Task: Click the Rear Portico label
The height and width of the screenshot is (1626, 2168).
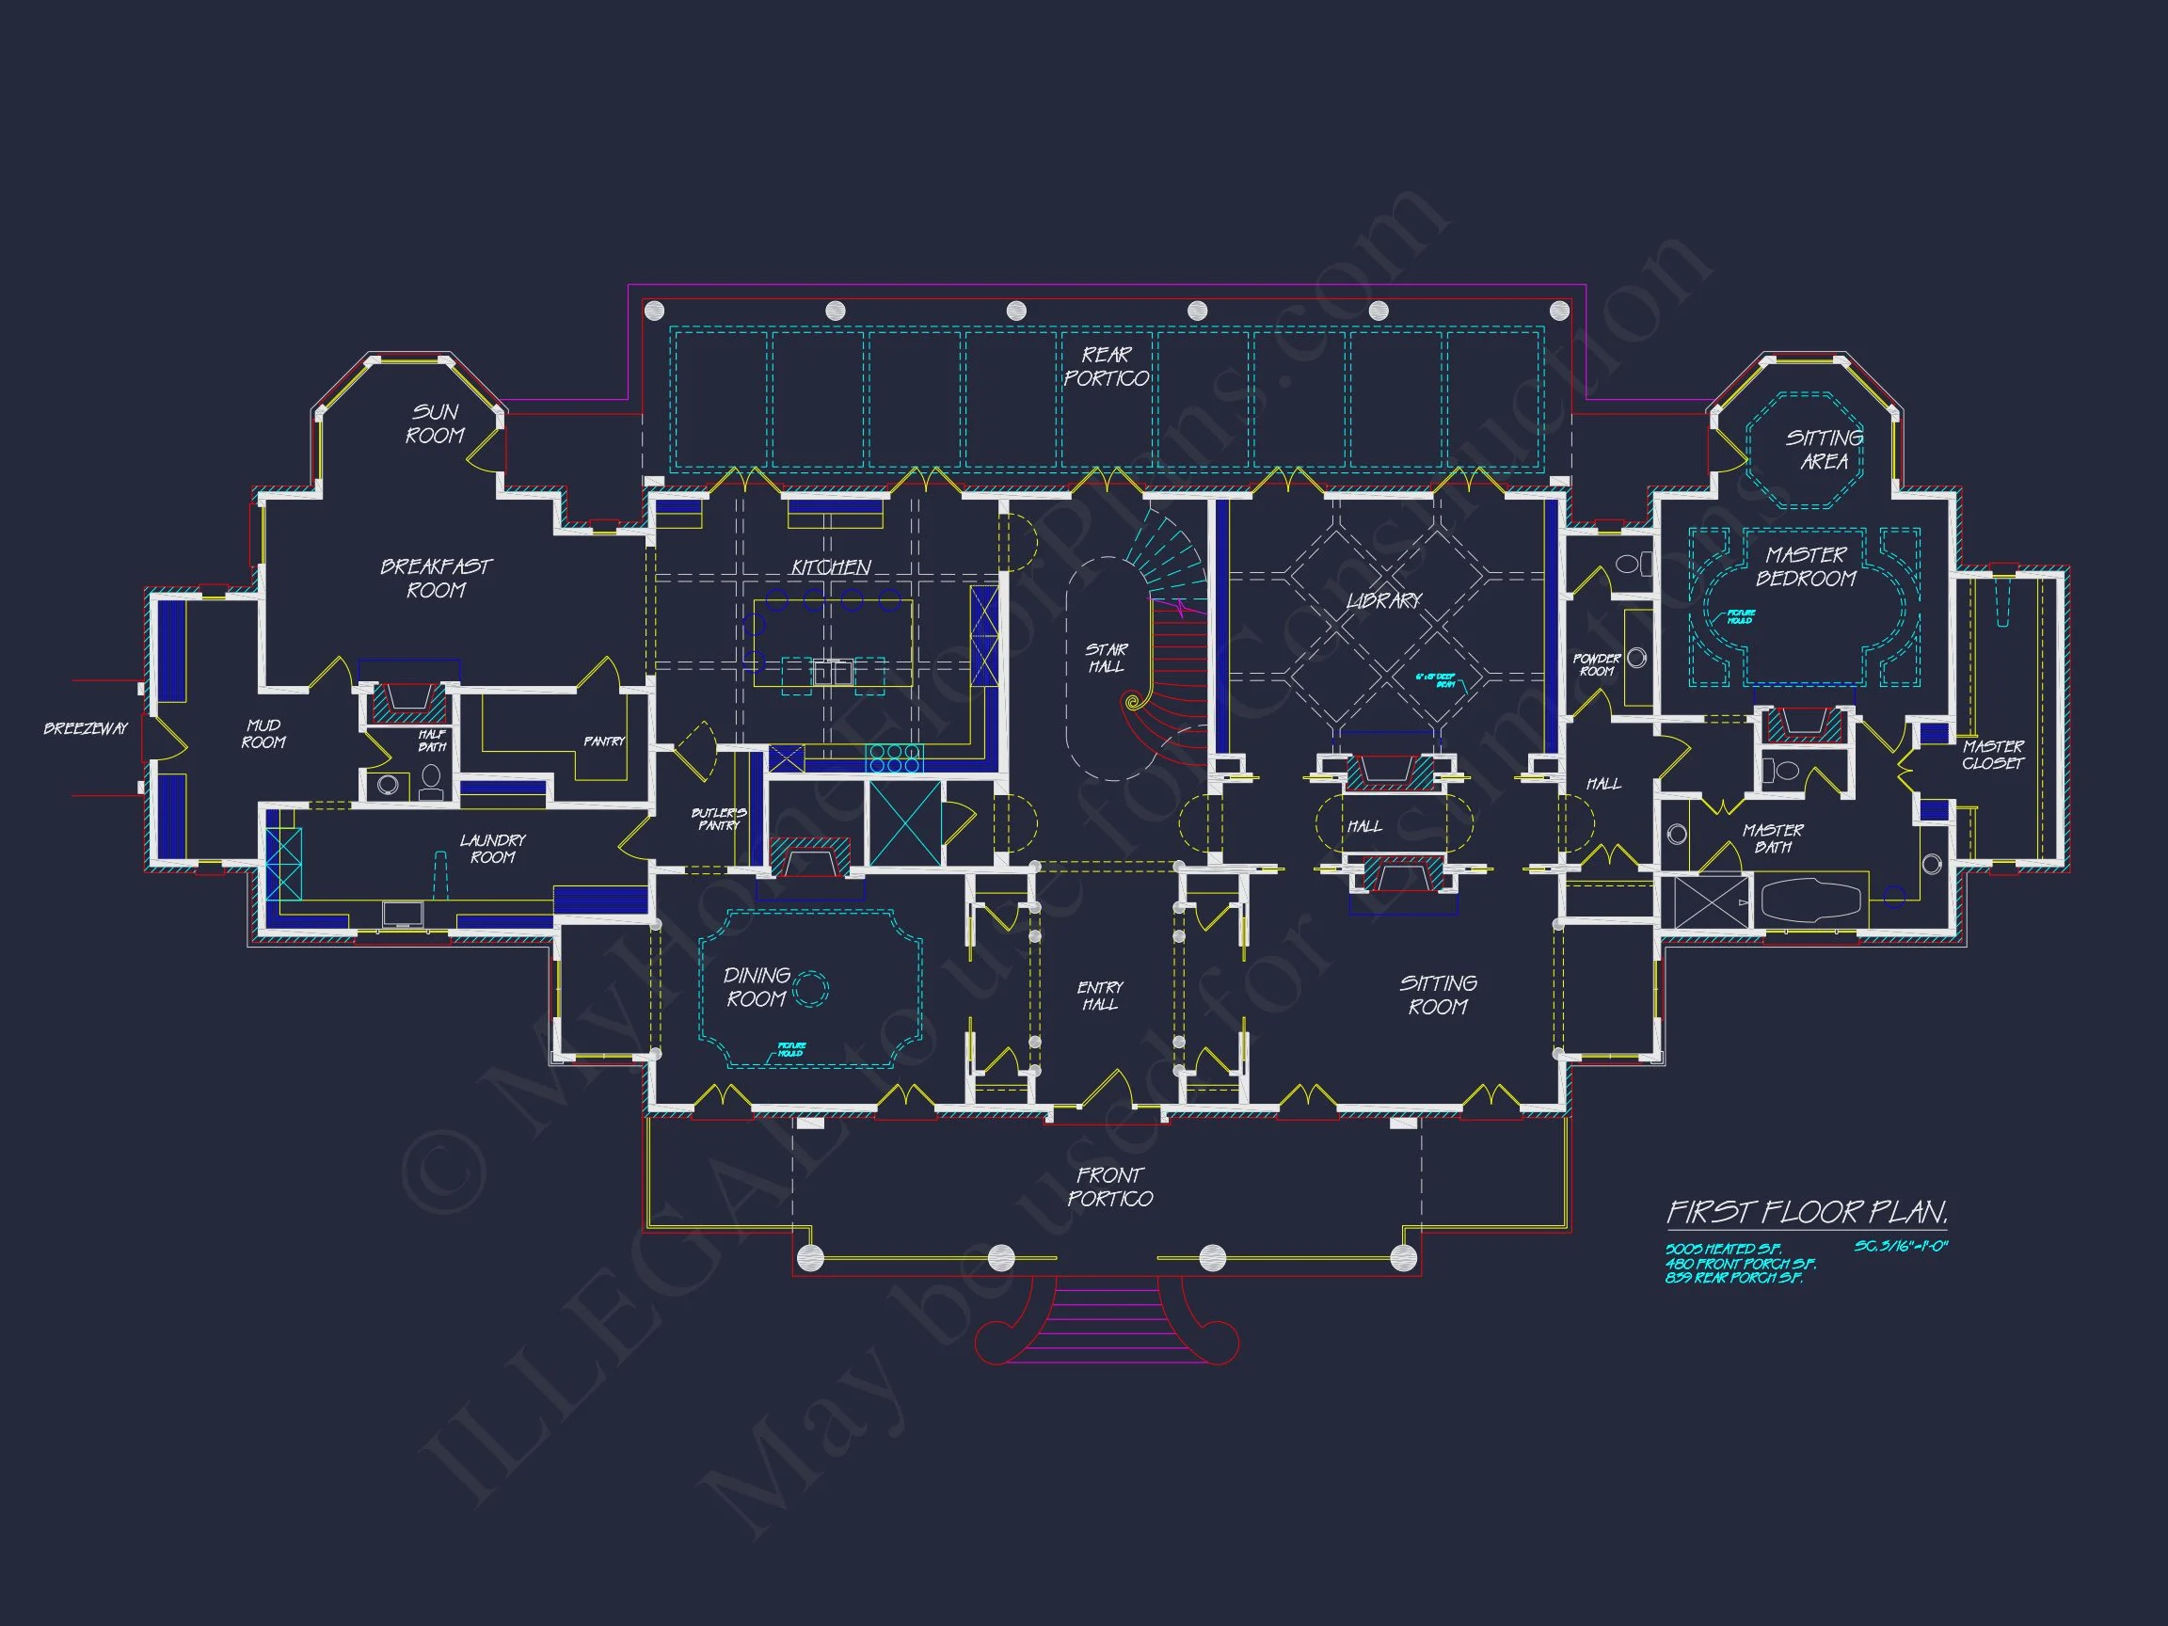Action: [x=1107, y=367]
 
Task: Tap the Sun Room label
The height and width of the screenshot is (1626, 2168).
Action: [x=434, y=423]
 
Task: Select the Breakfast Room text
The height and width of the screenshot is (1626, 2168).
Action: [x=437, y=579]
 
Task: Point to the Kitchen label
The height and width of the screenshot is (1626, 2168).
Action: [x=831, y=567]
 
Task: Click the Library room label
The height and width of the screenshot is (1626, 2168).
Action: [x=1383, y=599]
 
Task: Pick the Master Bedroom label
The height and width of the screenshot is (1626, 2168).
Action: [x=1806, y=566]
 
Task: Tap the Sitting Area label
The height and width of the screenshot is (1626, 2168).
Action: [x=1823, y=449]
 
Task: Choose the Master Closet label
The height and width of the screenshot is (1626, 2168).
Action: [x=1993, y=755]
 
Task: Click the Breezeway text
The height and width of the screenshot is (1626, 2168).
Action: [x=87, y=728]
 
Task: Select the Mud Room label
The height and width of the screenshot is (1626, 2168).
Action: [x=263, y=733]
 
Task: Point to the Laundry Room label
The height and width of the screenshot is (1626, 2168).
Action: [x=493, y=849]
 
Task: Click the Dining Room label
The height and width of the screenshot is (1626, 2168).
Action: [x=756, y=987]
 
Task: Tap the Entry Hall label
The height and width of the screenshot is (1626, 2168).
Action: [x=1100, y=996]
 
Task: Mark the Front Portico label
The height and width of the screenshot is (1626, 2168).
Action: [x=1109, y=1186]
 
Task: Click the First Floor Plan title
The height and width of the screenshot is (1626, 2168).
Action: [x=1807, y=1212]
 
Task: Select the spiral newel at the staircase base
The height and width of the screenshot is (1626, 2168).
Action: [x=1134, y=701]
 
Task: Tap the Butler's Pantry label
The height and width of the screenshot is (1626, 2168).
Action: [x=718, y=820]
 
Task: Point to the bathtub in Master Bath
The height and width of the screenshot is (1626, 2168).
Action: [x=1811, y=899]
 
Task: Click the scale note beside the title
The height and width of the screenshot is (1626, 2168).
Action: [x=1901, y=1247]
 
